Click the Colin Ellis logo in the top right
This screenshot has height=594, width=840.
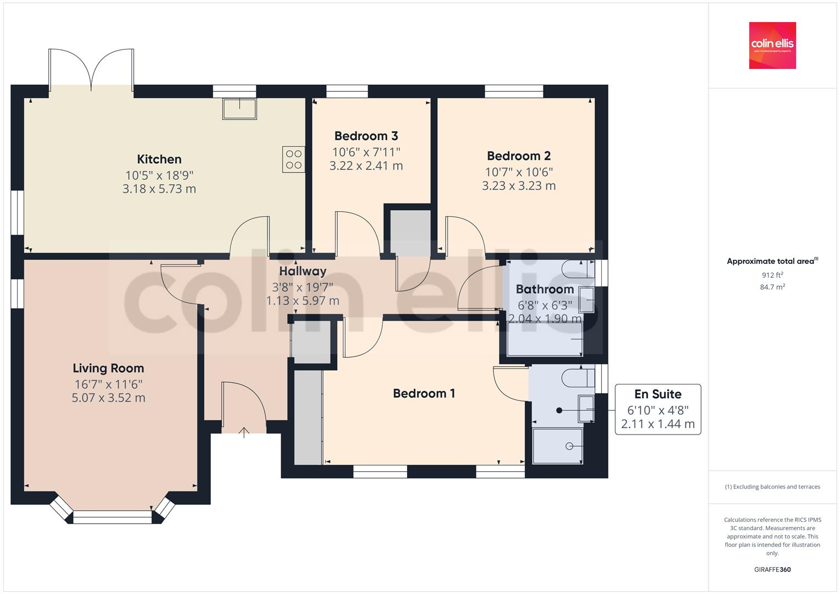click(x=772, y=45)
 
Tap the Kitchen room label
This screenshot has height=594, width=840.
click(x=159, y=159)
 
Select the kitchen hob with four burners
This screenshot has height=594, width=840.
click(x=293, y=159)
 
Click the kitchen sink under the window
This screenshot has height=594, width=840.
click(x=239, y=108)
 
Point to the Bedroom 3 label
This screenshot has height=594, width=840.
click(x=366, y=136)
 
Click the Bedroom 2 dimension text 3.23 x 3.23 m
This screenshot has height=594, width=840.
click(x=519, y=186)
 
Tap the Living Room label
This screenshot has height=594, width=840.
click(x=108, y=369)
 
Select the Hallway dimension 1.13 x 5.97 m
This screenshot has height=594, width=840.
click(x=303, y=301)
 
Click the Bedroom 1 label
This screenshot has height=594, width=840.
click(x=424, y=393)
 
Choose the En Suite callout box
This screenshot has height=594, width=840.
click(x=657, y=409)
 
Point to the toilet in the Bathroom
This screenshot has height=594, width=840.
click(x=578, y=269)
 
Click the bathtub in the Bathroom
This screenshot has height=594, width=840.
click(x=545, y=339)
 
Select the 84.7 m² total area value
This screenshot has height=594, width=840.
click(x=772, y=287)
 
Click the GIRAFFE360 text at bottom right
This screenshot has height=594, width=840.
click(x=772, y=569)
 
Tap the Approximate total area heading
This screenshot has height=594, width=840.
click(x=772, y=261)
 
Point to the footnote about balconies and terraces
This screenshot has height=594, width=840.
click(x=772, y=487)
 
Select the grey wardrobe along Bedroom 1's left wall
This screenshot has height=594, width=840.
click(x=308, y=417)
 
